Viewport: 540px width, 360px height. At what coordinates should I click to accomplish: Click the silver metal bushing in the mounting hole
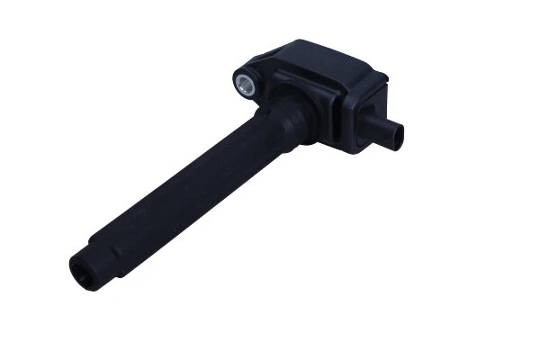[x=243, y=84]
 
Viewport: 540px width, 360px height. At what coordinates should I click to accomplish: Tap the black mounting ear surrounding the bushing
[x=252, y=72]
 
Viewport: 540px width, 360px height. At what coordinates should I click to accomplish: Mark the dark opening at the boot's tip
[x=80, y=267]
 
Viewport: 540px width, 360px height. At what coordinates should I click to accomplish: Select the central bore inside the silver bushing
[x=243, y=84]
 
